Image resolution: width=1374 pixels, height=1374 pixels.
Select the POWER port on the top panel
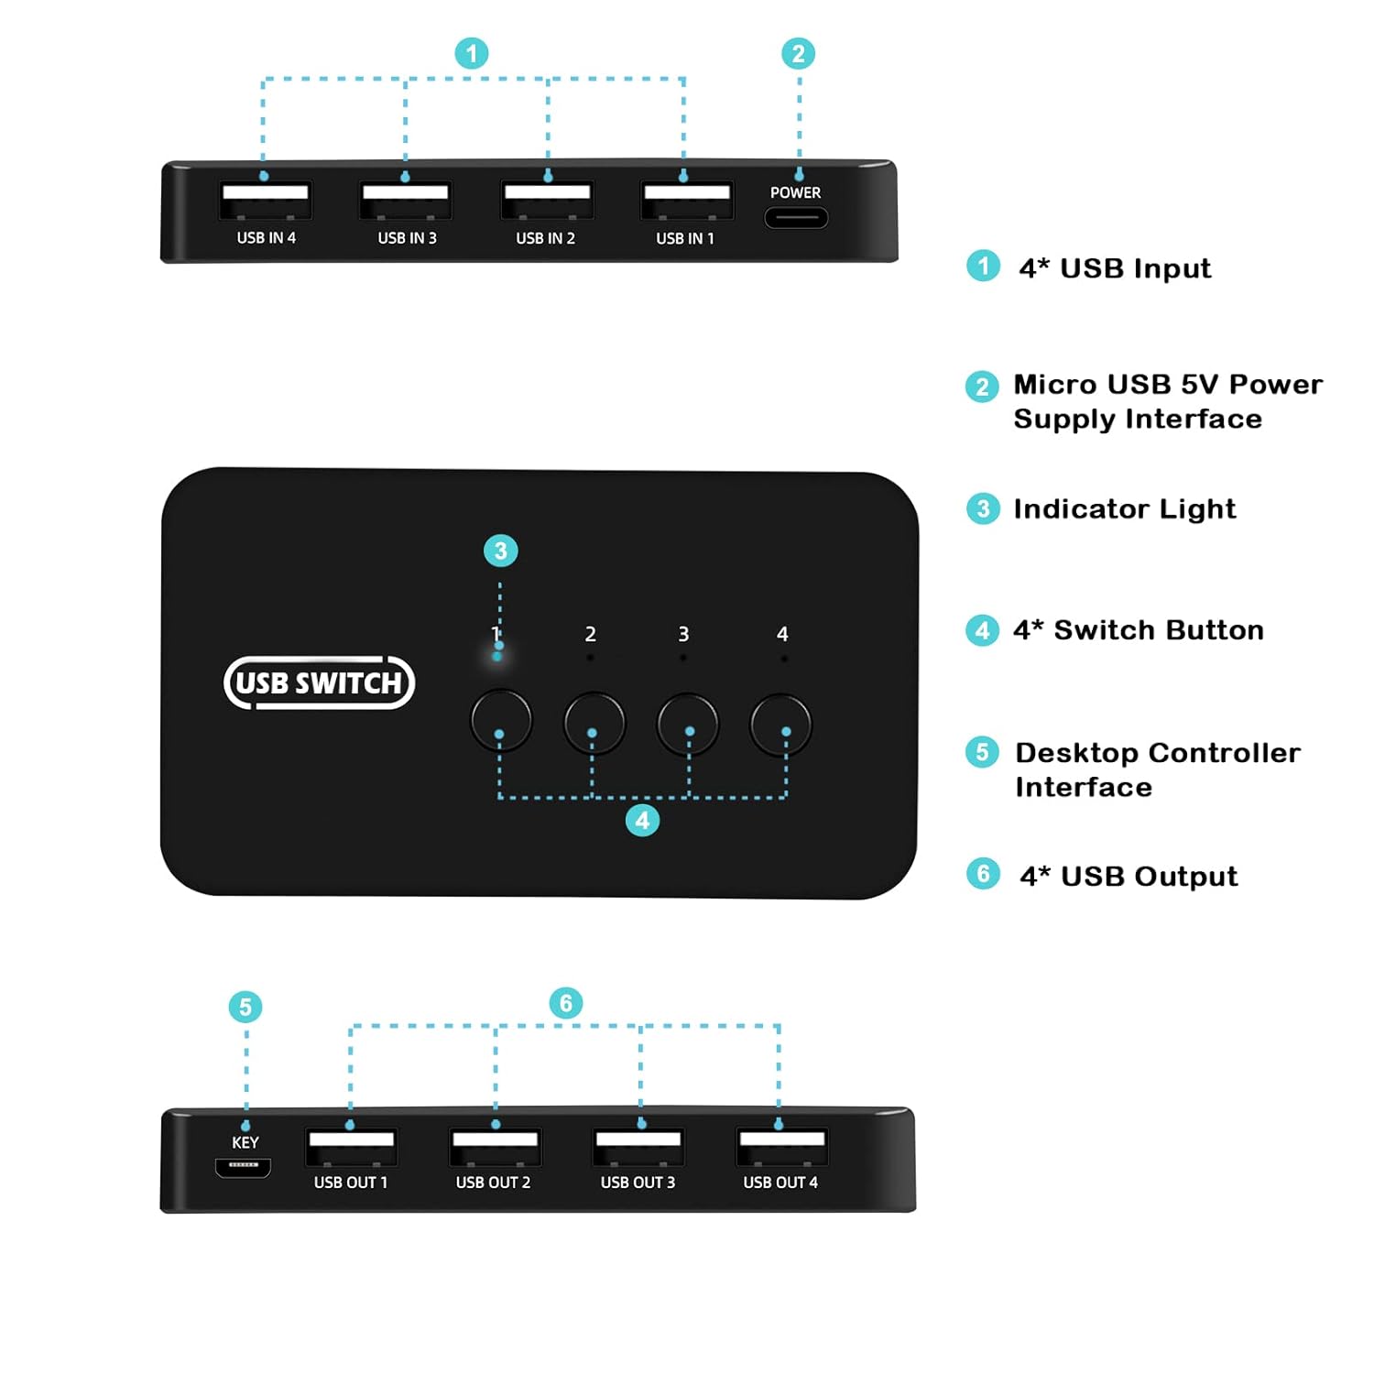click(x=796, y=218)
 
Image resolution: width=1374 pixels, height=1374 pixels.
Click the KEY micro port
click(x=243, y=1167)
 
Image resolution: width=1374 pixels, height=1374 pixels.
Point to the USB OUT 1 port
click(x=351, y=1146)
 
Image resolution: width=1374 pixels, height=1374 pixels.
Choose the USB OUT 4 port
click(x=781, y=1146)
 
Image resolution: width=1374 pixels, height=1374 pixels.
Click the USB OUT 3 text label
click(x=638, y=1183)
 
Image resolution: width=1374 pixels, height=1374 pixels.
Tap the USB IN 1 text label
click(x=685, y=238)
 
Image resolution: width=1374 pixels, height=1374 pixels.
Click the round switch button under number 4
click(x=780, y=724)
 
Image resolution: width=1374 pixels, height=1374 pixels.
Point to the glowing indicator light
click(x=497, y=656)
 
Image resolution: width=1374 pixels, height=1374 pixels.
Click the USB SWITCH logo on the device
click(x=319, y=682)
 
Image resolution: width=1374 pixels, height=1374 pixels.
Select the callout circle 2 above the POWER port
click(x=798, y=53)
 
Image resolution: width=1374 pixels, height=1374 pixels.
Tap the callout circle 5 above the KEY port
click(x=245, y=1007)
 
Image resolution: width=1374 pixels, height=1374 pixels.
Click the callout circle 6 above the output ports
click(x=565, y=1003)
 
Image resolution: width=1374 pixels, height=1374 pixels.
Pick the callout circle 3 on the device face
click(x=500, y=551)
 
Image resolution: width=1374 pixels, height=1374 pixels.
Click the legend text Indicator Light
click(x=1124, y=508)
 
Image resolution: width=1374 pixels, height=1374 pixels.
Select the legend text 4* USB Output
click(x=1129, y=876)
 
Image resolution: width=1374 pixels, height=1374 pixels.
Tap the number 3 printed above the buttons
click(x=683, y=634)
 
